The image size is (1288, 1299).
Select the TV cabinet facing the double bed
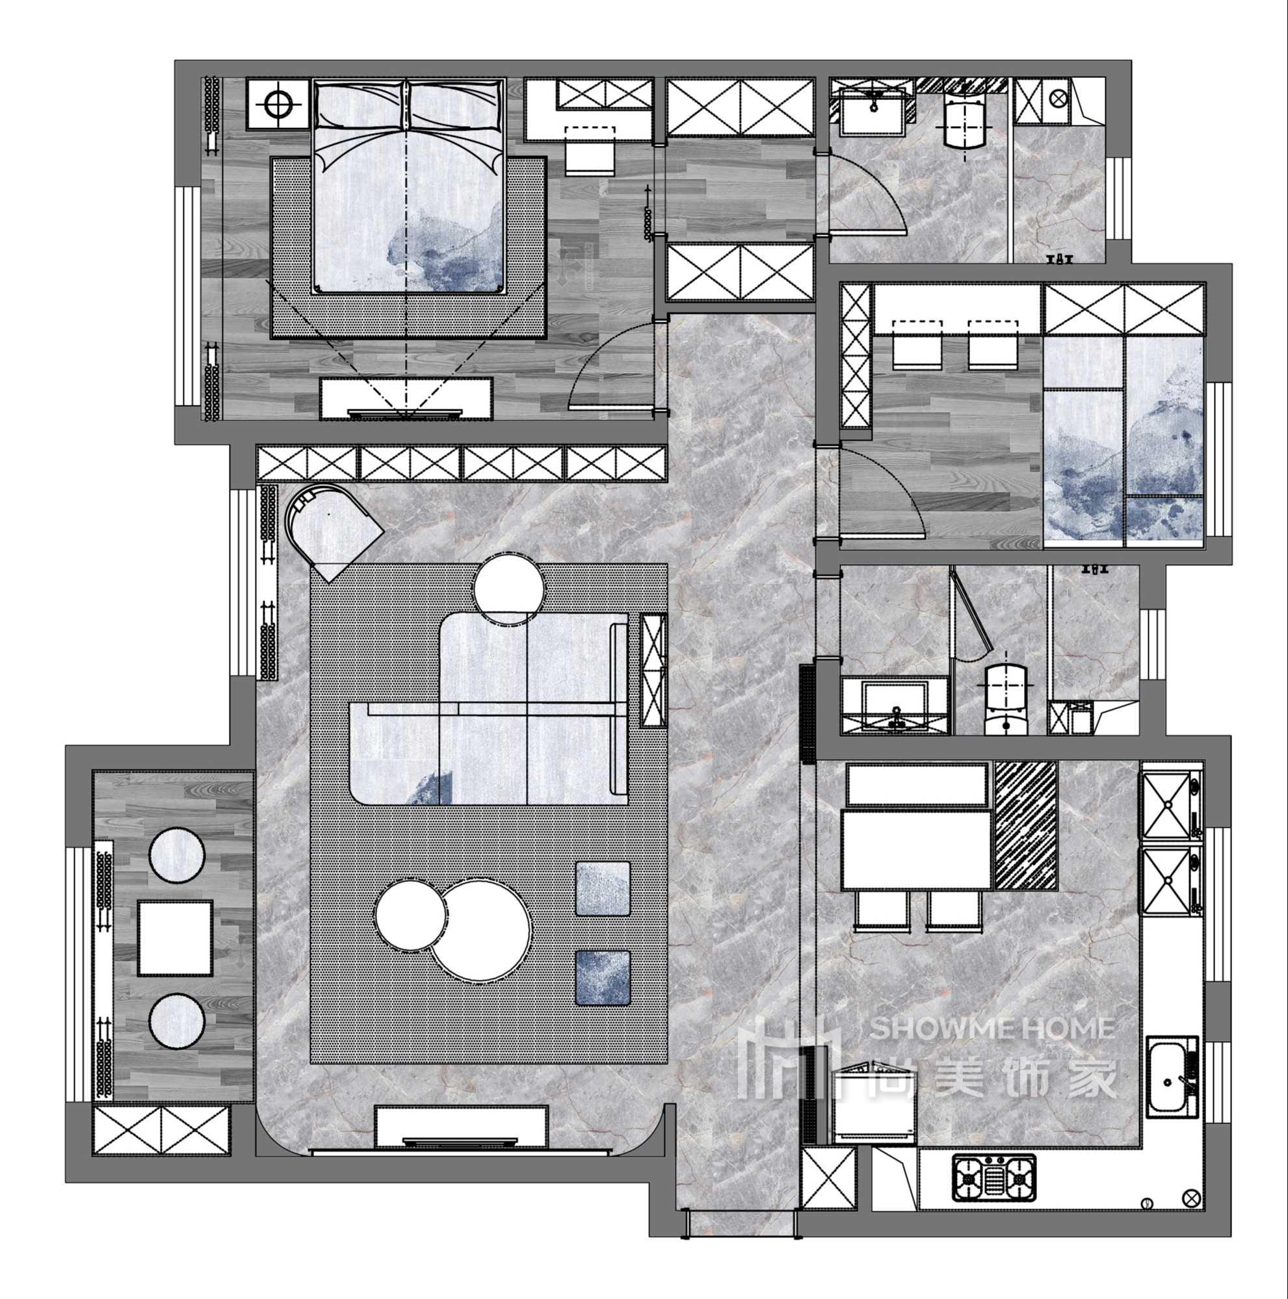[x=406, y=398]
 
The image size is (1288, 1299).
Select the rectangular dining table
[x=916, y=850]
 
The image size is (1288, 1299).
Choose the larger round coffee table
[x=480, y=931]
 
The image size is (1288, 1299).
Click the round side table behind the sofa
[x=509, y=589]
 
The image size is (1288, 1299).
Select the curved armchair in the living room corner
[x=332, y=530]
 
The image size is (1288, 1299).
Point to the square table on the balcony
[x=175, y=938]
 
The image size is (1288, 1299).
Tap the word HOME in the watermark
[x=1077, y=1028]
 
